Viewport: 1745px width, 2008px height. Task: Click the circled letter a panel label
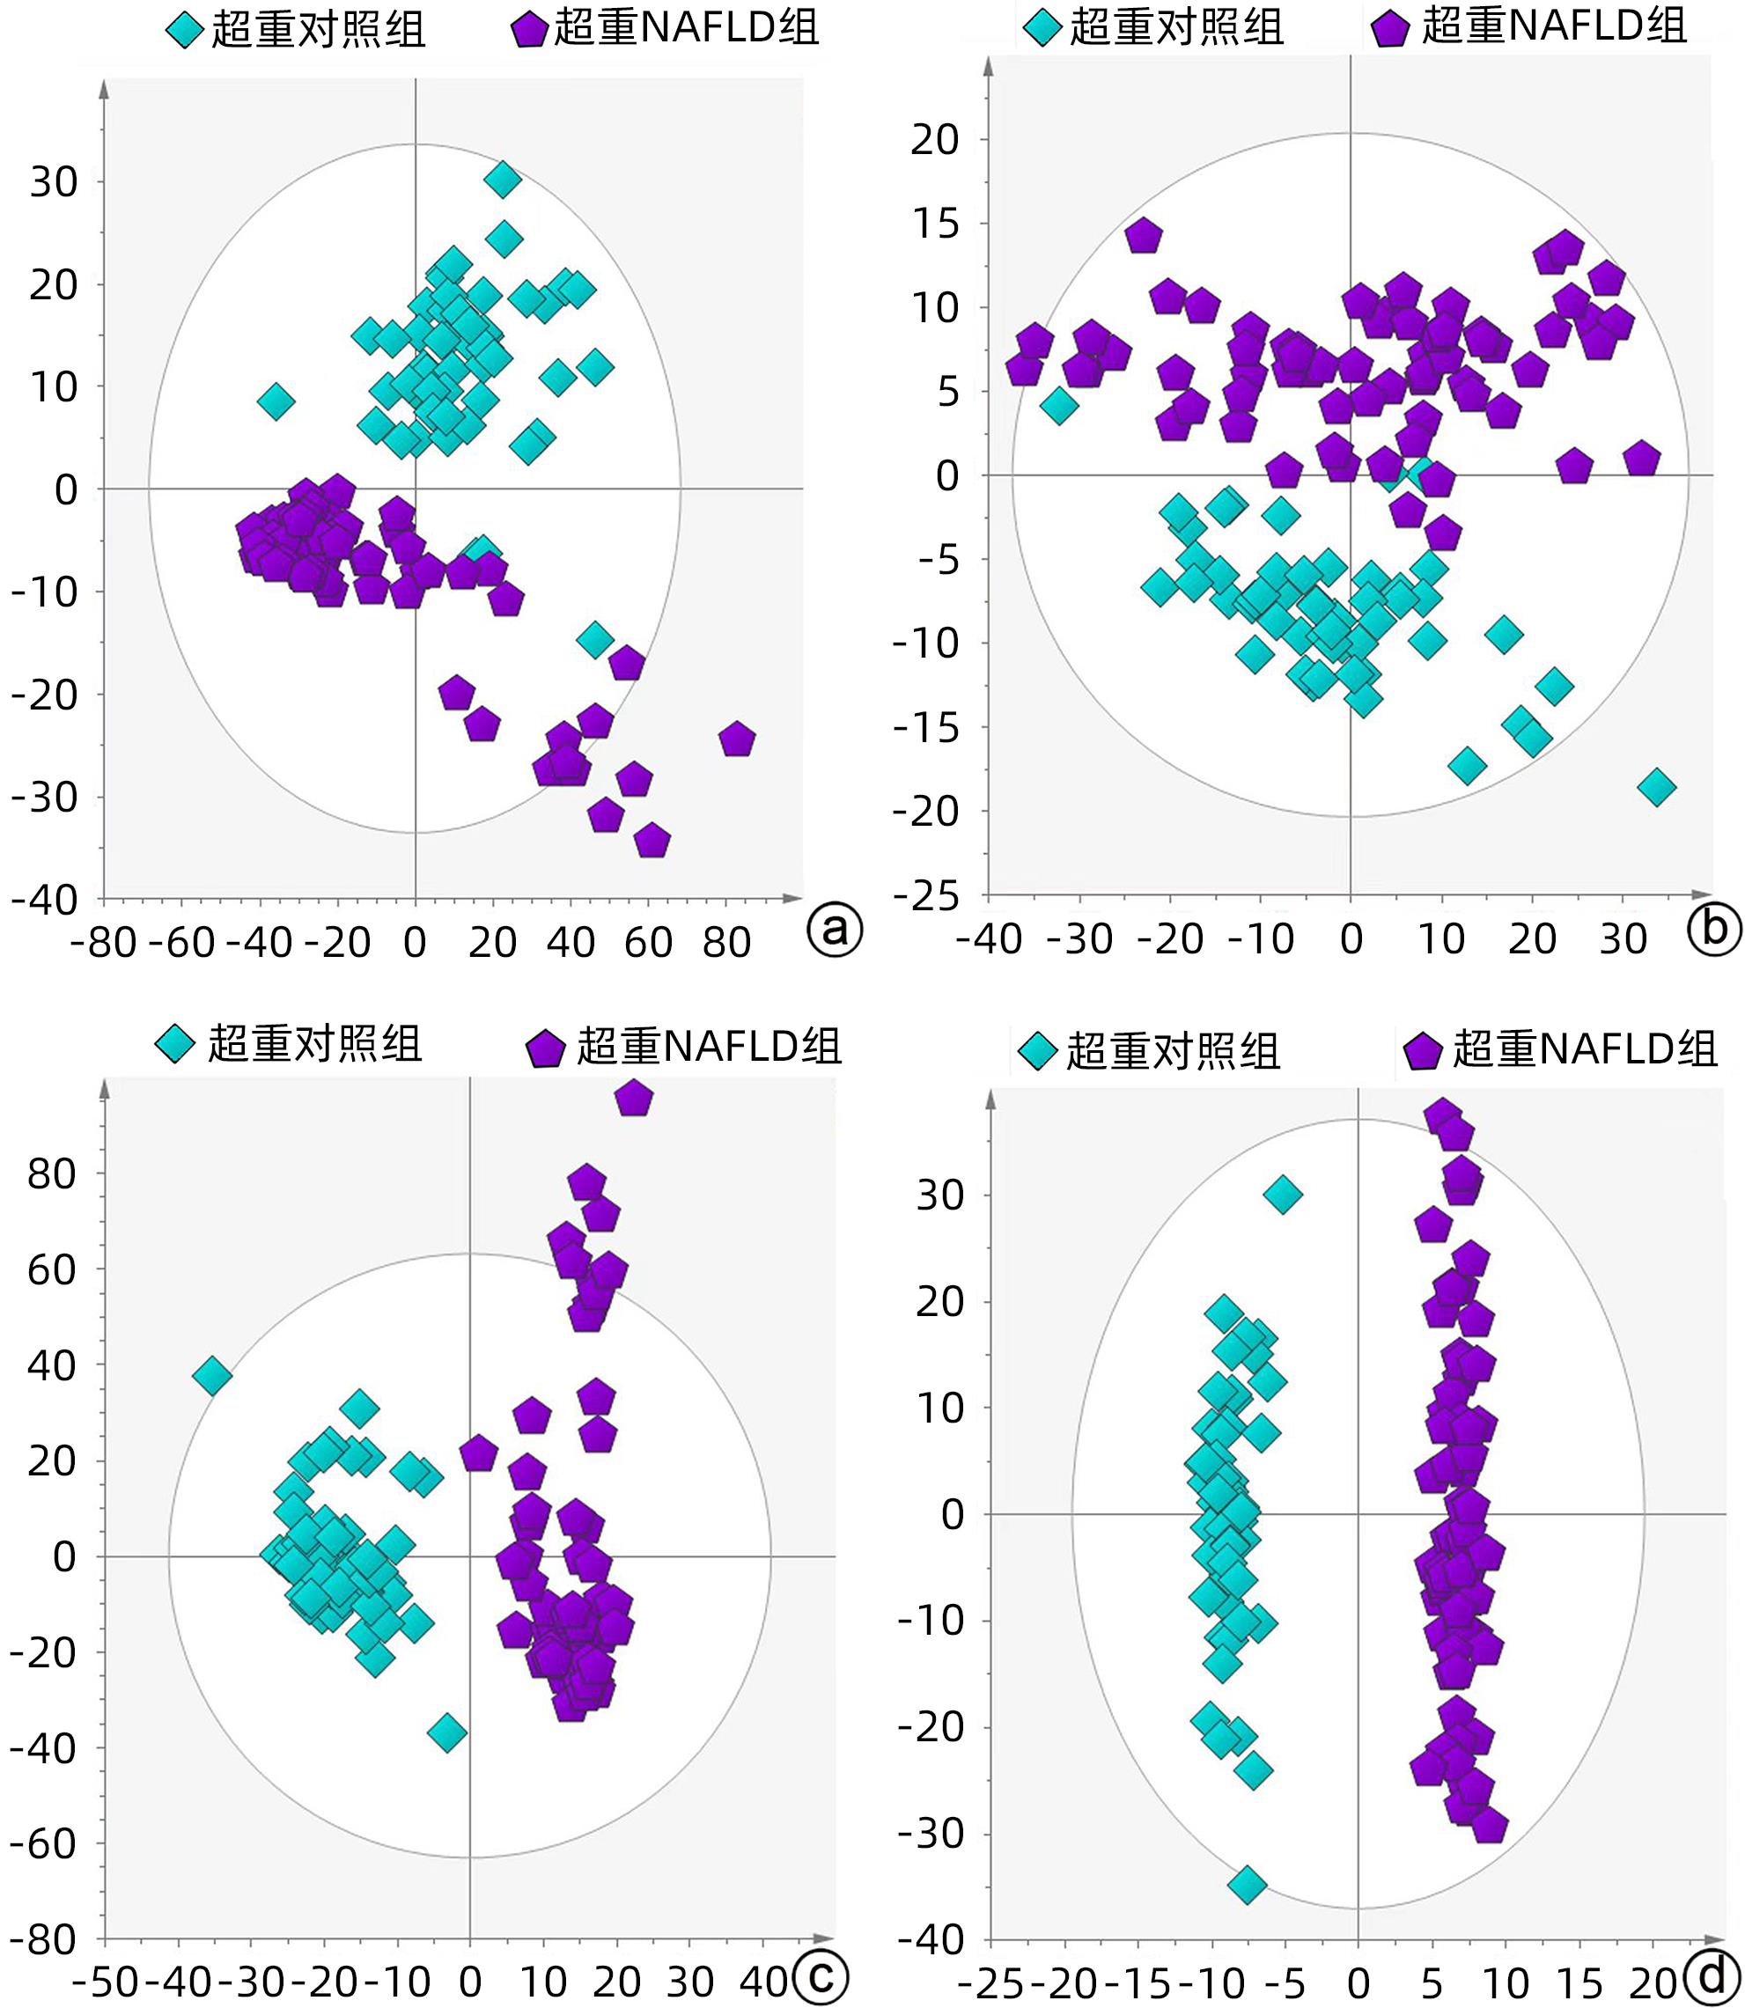835,930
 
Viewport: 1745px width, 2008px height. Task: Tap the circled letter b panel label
1715,928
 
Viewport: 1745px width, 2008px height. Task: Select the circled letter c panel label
821,1975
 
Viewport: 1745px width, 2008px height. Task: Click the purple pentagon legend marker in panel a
529,30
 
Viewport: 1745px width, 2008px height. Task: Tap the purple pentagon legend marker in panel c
545,1048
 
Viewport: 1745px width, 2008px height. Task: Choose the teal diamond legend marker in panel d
1038,1052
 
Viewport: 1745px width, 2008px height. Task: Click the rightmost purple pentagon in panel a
737,740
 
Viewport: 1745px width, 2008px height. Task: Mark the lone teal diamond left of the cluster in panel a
276,401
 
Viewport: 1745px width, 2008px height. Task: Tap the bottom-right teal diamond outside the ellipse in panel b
1656,786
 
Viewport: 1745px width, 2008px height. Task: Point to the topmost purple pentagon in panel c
634,1098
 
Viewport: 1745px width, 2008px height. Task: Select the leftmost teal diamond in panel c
212,1376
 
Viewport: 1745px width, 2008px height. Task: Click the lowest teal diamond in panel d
1248,1885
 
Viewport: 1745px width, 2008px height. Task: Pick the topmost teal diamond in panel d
1283,1194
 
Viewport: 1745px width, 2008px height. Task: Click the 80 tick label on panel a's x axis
726,943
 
